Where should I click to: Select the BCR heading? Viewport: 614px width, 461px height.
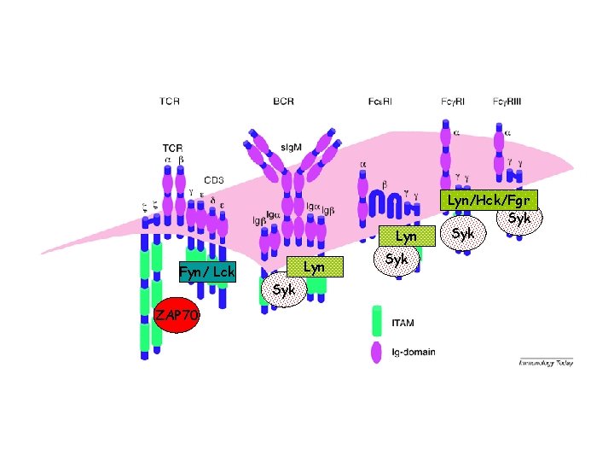coord(284,102)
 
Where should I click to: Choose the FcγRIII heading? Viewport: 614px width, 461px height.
coord(508,102)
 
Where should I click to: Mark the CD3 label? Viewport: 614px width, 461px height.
coord(213,181)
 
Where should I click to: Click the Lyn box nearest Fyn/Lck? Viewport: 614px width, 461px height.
coord(314,267)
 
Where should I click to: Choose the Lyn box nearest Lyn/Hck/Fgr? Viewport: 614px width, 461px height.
coord(407,234)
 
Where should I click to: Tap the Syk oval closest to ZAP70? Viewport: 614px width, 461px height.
coord(283,289)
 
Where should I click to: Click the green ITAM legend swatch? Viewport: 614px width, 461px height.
coord(376,320)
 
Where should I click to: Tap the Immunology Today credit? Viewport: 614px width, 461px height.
coord(546,363)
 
